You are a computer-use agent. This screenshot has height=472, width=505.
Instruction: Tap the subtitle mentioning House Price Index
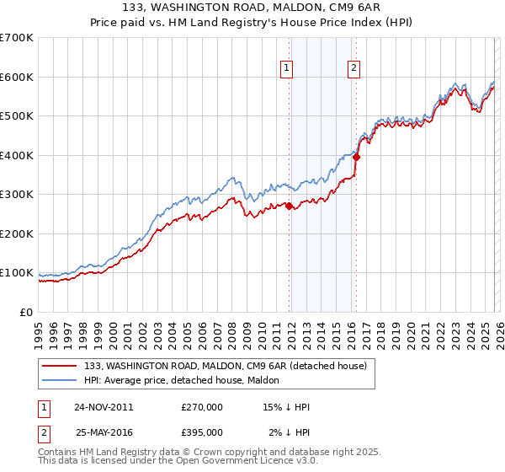tap(252, 24)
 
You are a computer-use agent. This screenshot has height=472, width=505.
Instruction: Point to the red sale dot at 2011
tap(290, 206)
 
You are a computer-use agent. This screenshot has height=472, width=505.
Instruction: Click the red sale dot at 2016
tap(356, 157)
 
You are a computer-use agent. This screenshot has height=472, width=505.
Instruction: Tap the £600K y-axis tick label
tap(17, 77)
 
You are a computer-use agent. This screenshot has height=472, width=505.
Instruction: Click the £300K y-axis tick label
tap(17, 194)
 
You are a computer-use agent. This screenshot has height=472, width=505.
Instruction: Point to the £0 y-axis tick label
tap(25, 312)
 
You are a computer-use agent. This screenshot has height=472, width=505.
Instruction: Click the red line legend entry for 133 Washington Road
tap(225, 366)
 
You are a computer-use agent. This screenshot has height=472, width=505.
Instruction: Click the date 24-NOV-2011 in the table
tap(104, 406)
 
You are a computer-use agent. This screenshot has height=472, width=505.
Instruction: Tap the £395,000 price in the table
tap(202, 432)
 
